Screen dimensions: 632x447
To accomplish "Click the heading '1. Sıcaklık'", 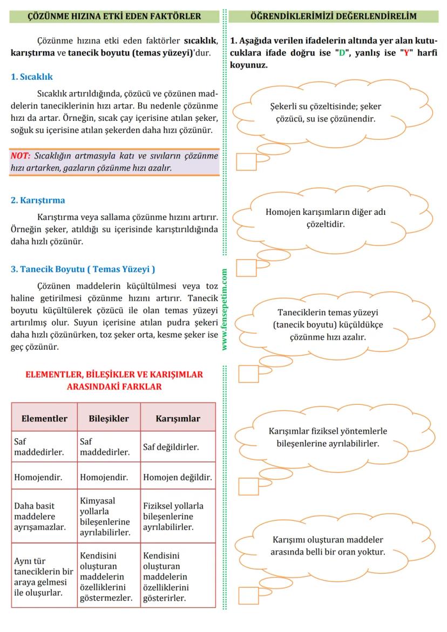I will click(x=32, y=77).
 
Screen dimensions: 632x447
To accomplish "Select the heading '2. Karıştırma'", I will click(x=38, y=200).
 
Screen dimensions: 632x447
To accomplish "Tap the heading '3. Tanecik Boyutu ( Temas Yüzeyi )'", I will click(x=83, y=269).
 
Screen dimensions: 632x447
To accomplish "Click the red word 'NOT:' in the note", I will click(x=21, y=156).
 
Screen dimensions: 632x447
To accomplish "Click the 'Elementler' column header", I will click(x=44, y=418).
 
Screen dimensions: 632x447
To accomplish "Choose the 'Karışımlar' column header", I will click(x=178, y=418).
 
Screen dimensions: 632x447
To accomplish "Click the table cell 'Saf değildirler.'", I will click(x=171, y=447).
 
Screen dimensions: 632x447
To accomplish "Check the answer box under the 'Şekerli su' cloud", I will click(x=246, y=162).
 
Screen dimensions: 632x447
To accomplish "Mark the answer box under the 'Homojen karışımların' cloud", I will click(x=246, y=267).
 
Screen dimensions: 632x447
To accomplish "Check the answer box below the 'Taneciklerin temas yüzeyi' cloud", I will click(x=248, y=373).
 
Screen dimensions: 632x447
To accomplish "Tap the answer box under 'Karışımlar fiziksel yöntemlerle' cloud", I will click(x=248, y=486).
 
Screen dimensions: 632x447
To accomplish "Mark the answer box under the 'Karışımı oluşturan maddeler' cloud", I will click(x=248, y=595).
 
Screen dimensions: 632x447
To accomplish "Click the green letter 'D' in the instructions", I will click(x=341, y=53).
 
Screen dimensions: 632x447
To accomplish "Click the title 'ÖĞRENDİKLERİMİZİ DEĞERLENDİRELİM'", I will click(x=334, y=16).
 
